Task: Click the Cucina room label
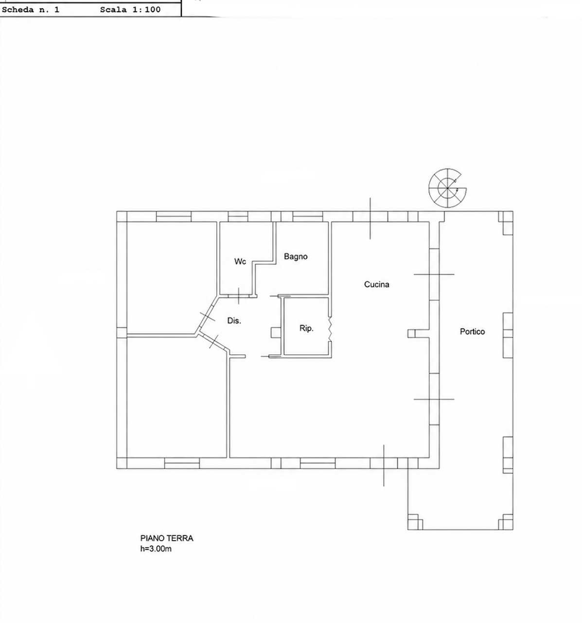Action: tap(376, 285)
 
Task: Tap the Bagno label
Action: tap(296, 257)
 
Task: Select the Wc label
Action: tap(240, 261)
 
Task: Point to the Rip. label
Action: tap(306, 329)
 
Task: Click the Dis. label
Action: tap(234, 321)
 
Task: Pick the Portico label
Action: tap(472, 331)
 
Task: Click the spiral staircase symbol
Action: tap(447, 188)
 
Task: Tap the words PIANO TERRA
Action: tap(167, 538)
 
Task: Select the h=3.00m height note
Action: tap(156, 549)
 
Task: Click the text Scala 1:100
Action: tap(130, 9)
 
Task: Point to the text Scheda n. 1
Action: tap(31, 9)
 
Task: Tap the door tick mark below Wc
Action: tap(239, 296)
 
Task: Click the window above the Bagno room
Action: tap(307, 217)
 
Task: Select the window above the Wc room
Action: tap(238, 217)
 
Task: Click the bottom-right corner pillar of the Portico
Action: tap(506, 522)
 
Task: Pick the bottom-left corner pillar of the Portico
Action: tap(415, 522)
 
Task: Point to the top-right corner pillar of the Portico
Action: tap(506, 223)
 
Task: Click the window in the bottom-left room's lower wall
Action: tap(182, 463)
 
